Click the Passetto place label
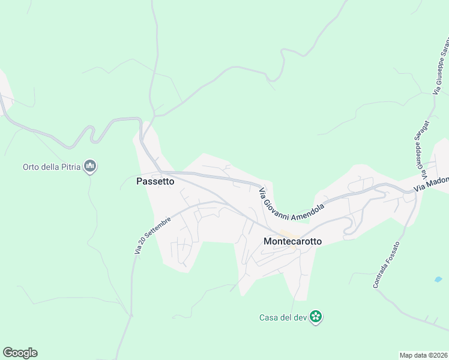tap(155, 181)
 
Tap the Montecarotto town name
tap(292, 241)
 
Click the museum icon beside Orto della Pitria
tap(91, 166)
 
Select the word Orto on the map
tap(31, 167)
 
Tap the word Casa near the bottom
tap(269, 317)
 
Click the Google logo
tap(20, 353)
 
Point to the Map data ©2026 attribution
tap(423, 355)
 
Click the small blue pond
tap(438, 280)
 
